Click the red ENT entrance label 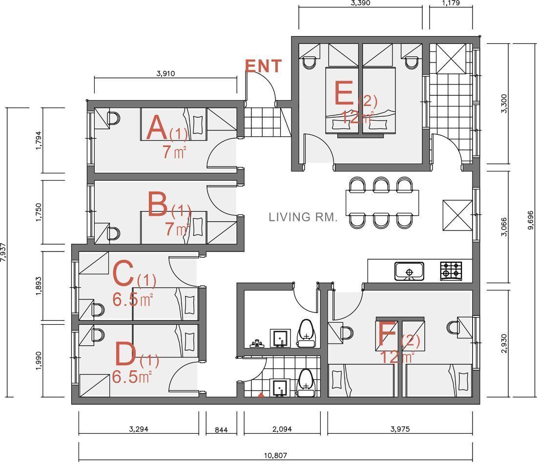tap(263, 66)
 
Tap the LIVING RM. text tap(303, 217)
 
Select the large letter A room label tap(157, 128)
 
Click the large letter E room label tap(344, 93)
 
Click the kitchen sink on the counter tap(409, 272)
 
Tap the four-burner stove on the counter tap(451, 271)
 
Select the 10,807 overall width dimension tap(275, 455)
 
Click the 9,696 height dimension tap(531, 220)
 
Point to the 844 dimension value tap(221, 430)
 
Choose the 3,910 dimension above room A tap(166, 73)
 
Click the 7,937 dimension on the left tap(3, 252)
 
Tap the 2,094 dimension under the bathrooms tap(282, 429)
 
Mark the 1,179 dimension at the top tap(451, 3)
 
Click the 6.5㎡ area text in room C tap(132, 300)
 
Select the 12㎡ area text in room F tap(397, 357)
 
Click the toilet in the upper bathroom tap(306, 334)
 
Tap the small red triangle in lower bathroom tap(261, 395)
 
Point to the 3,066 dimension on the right tap(504, 227)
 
